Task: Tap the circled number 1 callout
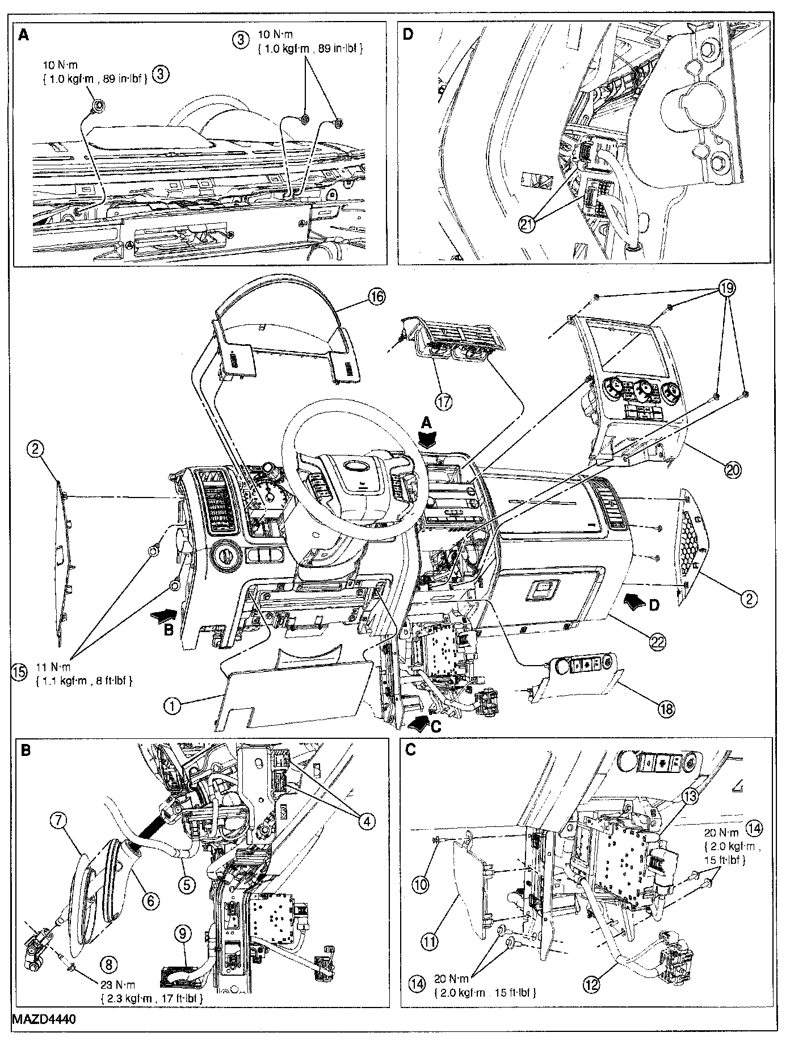coord(172,706)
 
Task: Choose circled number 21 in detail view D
coord(528,224)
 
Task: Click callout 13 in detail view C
coord(688,797)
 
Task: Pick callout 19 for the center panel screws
coord(727,289)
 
